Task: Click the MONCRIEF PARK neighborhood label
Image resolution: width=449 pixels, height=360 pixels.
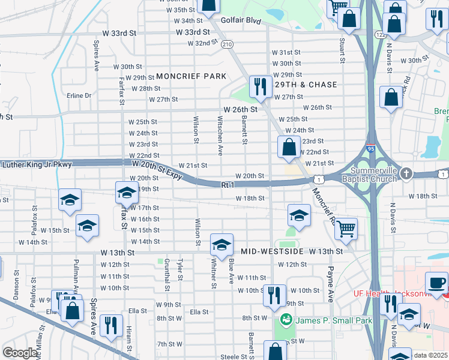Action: pyautogui.click(x=191, y=76)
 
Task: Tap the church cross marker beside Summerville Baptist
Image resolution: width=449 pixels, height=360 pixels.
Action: pyautogui.click(x=407, y=173)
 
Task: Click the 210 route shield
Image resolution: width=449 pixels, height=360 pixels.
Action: pyautogui.click(x=226, y=44)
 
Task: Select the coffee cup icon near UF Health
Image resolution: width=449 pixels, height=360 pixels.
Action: pyautogui.click(x=436, y=283)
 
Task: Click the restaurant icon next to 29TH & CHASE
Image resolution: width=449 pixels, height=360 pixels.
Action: pyautogui.click(x=260, y=86)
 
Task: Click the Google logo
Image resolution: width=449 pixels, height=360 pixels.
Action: pyautogui.click(x=20, y=353)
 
